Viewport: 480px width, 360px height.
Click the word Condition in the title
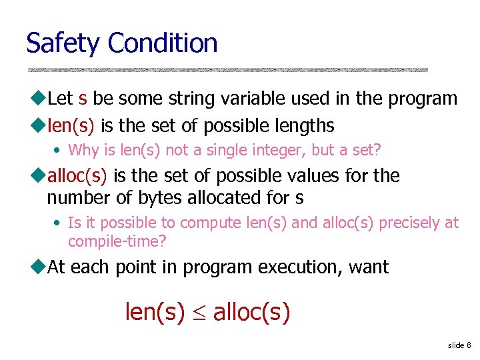pyautogui.click(x=163, y=43)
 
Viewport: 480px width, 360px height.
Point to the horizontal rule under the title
pyautogui.click(x=227, y=69)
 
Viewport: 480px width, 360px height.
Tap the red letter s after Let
pyautogui.click(x=82, y=99)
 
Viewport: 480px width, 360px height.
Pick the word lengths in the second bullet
pyautogui.click(x=302, y=125)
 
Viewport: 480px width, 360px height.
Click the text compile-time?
pyautogui.click(x=117, y=240)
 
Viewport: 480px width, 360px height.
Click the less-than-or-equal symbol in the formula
pyautogui.click(x=199, y=313)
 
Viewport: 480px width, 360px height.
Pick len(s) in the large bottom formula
pyautogui.click(x=155, y=312)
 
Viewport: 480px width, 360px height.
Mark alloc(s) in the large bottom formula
pyautogui.click(x=252, y=312)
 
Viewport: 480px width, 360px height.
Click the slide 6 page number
pyautogui.click(x=459, y=345)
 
